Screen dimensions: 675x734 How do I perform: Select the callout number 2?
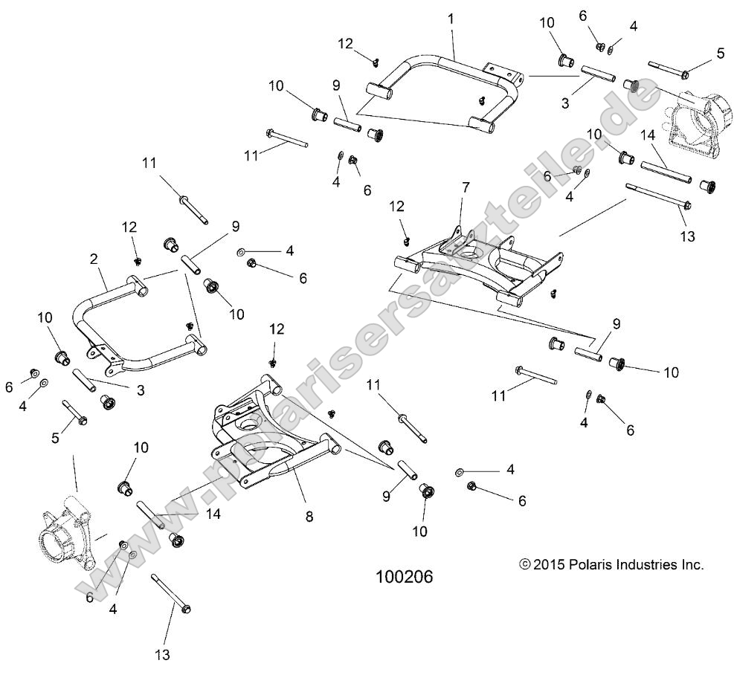point(94,259)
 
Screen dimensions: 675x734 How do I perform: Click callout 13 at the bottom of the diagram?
point(163,654)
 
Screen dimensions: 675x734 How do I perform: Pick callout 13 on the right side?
point(686,236)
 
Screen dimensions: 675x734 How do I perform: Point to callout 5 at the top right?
point(720,53)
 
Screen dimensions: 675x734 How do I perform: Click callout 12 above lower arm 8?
point(277,329)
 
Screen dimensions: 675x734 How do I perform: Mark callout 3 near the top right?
point(565,103)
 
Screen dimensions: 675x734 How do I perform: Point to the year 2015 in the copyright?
point(550,565)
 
